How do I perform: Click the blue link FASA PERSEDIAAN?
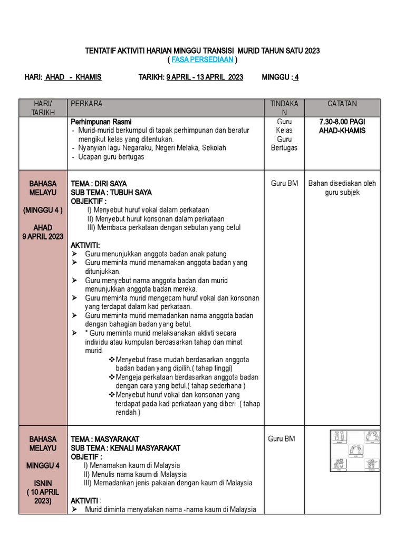202,60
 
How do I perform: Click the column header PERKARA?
86,104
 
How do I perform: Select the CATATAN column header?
342,104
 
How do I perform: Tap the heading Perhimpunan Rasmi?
101,122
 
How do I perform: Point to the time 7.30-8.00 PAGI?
342,122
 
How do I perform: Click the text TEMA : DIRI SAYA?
99,184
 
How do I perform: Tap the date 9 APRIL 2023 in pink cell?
43,236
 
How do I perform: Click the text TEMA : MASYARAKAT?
105,439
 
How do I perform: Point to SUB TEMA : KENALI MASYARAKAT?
126,448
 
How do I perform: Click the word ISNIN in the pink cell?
43,483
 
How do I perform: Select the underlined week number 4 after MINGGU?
296,77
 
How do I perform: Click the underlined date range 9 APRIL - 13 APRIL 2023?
205,77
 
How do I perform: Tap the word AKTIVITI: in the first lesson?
85,245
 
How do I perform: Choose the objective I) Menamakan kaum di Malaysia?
132,465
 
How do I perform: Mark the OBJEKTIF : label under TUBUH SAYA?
89,201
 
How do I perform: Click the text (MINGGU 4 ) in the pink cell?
43,210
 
